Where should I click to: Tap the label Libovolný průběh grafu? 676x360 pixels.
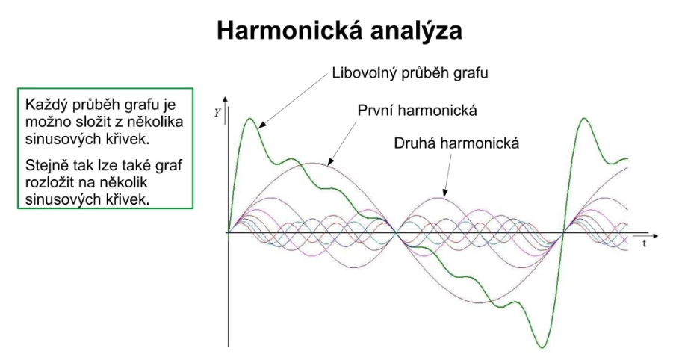coord(410,73)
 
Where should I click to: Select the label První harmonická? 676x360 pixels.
coord(418,111)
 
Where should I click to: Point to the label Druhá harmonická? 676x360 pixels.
coord(456,143)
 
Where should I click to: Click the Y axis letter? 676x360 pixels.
coord(217,113)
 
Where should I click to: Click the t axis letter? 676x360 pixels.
coord(644,243)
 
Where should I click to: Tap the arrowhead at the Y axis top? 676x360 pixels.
coord(225,100)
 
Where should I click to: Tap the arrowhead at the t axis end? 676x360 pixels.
coord(655,236)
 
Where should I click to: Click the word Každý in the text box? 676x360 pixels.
coord(46,105)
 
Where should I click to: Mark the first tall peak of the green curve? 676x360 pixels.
coord(249,118)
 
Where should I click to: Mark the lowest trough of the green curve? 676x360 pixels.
coord(542,347)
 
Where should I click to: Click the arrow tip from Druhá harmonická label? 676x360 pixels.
coord(444,196)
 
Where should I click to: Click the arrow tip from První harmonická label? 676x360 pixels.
coord(328,166)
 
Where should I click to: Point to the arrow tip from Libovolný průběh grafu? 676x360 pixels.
coord(260,127)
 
